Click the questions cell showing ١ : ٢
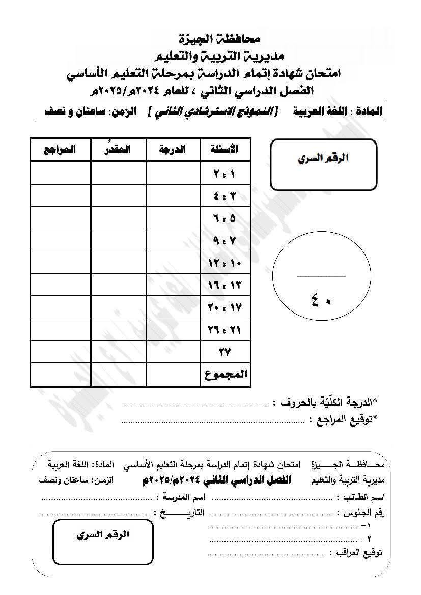click(x=224, y=173)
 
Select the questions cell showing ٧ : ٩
click(x=224, y=240)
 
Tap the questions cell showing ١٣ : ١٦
click(x=224, y=285)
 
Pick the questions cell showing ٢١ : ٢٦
click(x=224, y=330)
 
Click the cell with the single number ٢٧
click(x=224, y=352)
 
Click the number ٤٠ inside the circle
click(x=321, y=297)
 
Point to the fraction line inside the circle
click(x=321, y=276)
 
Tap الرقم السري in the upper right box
click(x=323, y=158)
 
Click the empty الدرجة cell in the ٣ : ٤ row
click(x=173, y=195)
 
